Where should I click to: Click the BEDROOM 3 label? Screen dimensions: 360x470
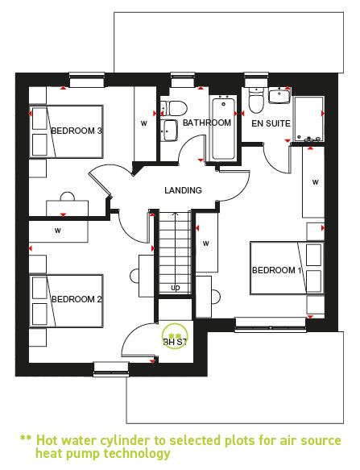[77, 131]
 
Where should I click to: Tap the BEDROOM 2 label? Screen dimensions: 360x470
[77, 299]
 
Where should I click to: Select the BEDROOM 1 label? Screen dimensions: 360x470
[277, 270]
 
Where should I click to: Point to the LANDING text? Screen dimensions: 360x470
[183, 190]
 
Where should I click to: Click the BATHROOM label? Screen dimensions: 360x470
[207, 123]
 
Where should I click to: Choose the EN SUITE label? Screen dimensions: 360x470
[271, 123]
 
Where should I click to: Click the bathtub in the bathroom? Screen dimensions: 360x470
[223, 127]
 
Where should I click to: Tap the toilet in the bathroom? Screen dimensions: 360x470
[174, 108]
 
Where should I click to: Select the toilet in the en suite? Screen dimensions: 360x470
[256, 101]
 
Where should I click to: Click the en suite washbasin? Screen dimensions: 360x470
[279, 96]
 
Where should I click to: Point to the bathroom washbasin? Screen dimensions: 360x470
[169, 131]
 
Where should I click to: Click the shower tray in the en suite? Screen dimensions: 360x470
[308, 119]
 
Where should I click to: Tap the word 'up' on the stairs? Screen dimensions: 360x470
[176, 288]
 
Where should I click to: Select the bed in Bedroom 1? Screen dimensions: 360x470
[287, 268]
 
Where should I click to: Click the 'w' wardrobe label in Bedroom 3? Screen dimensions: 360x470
[144, 123]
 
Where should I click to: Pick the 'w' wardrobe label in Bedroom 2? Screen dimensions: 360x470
[58, 231]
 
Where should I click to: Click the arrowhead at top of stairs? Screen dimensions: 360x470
[175, 214]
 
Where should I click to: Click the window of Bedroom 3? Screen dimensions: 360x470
[87, 80]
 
